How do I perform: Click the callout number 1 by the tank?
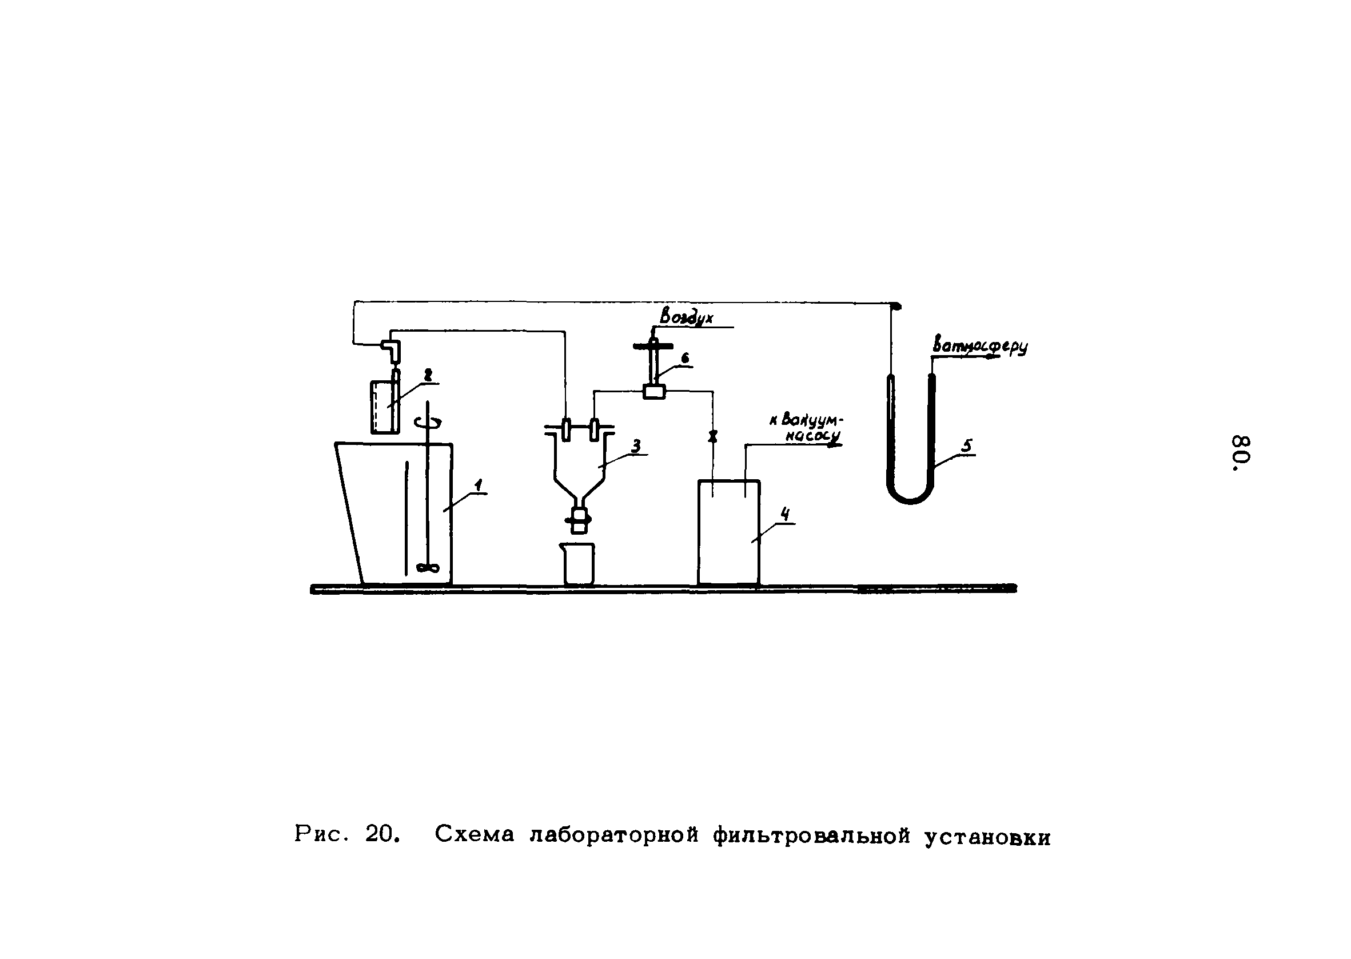[x=479, y=486]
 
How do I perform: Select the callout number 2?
[x=428, y=375]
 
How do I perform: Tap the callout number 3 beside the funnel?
[x=636, y=446]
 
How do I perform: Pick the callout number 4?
[x=784, y=514]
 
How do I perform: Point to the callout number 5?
[x=966, y=446]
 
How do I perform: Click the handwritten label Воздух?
[x=687, y=317]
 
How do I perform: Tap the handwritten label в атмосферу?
[x=980, y=347]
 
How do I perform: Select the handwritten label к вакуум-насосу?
[x=807, y=428]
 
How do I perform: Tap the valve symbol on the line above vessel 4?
[x=712, y=437]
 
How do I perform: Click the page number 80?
[x=1242, y=453]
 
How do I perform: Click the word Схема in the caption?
[x=475, y=834]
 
